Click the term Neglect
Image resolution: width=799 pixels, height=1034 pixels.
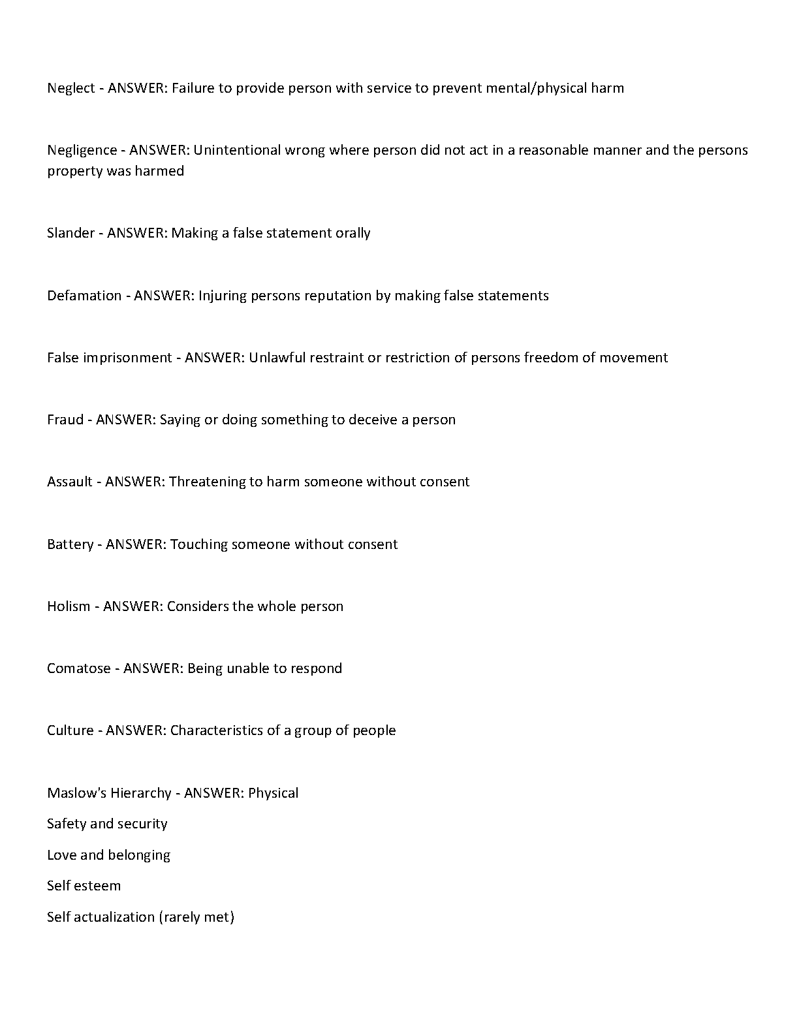pyautogui.click(x=70, y=88)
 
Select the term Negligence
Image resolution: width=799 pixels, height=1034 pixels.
pyautogui.click(x=82, y=150)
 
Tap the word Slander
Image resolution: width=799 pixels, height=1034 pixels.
pyautogui.click(x=70, y=233)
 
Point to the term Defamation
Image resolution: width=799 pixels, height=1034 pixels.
pyautogui.click(x=84, y=296)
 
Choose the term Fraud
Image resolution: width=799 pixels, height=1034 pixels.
pyautogui.click(x=65, y=420)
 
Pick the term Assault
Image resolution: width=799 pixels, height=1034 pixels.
pyautogui.click(x=70, y=482)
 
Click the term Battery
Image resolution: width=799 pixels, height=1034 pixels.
pyautogui.click(x=70, y=544)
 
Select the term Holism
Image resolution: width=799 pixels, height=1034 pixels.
pyautogui.click(x=69, y=606)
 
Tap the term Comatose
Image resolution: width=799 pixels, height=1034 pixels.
pyautogui.click(x=78, y=668)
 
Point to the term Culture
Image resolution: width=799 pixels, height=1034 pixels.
pyautogui.click(x=70, y=730)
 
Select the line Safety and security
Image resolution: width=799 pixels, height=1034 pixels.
pyautogui.click(x=107, y=824)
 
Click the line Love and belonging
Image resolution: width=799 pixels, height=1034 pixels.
pyautogui.click(x=108, y=855)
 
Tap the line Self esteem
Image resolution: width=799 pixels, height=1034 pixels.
pyautogui.click(x=84, y=886)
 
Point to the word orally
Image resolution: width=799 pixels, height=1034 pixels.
pyautogui.click(x=352, y=233)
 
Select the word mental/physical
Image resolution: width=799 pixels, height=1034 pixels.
pyautogui.click(x=537, y=88)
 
